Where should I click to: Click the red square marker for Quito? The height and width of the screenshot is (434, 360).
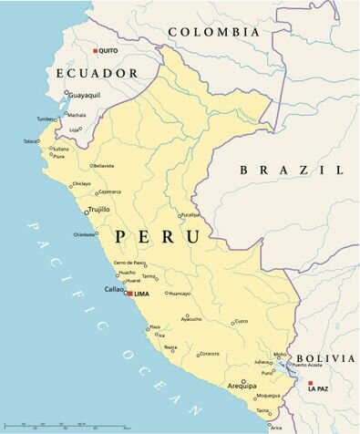pos(96,50)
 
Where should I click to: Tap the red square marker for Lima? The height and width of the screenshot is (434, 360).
pos(129,294)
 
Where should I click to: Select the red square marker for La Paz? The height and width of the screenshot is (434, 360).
pos(311,383)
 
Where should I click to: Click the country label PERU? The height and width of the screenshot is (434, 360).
pos(158,237)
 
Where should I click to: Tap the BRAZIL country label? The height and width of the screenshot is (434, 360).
pos(292,170)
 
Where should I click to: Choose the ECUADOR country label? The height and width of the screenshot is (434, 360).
pos(96,73)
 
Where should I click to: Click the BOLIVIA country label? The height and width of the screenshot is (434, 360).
pos(326,358)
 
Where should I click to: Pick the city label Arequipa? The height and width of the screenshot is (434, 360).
pos(242,386)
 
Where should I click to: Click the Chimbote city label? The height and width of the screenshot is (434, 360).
pos(85,234)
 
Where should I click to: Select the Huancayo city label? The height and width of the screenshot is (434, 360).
pos(179,294)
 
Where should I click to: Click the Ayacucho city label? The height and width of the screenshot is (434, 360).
pos(191,319)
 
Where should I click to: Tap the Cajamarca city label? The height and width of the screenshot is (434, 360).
pos(108,191)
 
